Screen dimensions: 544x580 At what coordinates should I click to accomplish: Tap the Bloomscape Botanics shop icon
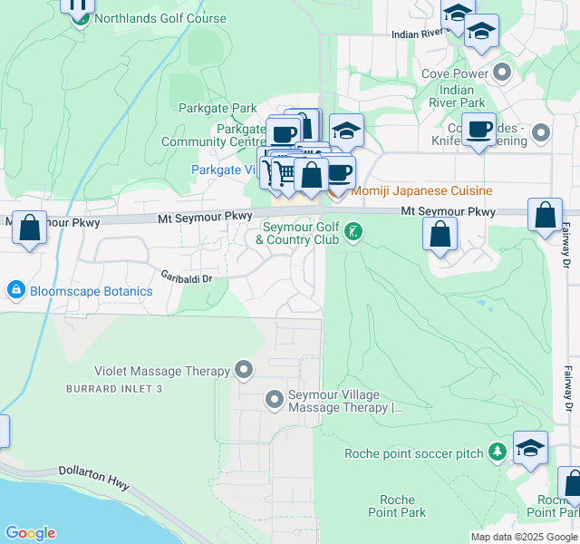pos(15,291)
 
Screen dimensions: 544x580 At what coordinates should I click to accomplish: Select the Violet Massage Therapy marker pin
pos(244,370)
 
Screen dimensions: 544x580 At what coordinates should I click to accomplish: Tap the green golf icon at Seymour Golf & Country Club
pos(353,233)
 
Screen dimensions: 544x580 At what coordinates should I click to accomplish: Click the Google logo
pos(29,533)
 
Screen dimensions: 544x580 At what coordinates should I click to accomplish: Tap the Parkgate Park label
pos(218,109)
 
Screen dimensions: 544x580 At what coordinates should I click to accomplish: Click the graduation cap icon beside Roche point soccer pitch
pos(530,449)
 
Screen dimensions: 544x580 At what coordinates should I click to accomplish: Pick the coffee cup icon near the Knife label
pos(478,129)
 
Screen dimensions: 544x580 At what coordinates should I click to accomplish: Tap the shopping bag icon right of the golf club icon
pos(440,234)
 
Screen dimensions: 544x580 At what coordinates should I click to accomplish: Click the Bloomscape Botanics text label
pos(91,292)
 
